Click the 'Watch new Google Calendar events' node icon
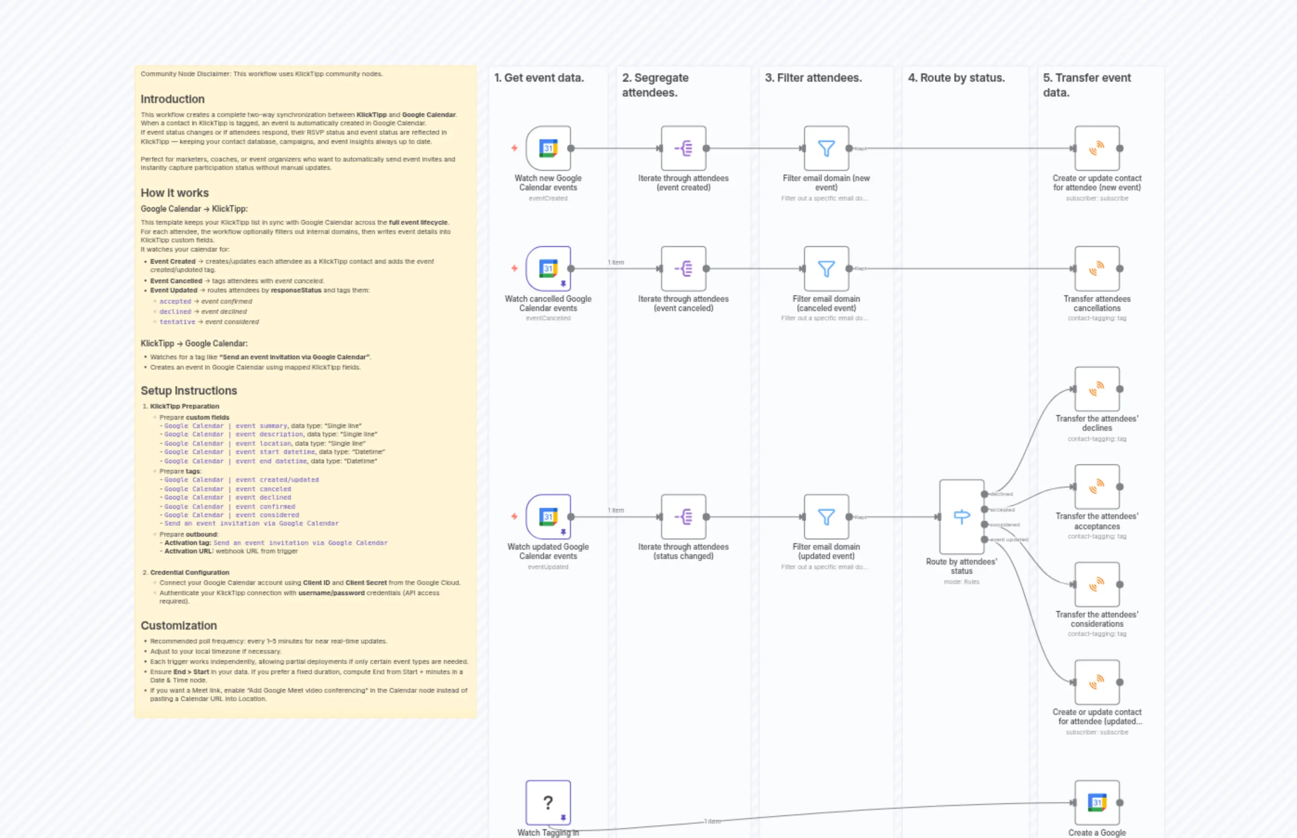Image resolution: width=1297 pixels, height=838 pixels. click(548, 148)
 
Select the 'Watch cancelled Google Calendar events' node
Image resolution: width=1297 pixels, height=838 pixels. click(548, 268)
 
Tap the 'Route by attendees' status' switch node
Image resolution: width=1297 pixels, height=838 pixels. click(961, 516)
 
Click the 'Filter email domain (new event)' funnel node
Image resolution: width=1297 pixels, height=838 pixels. click(826, 148)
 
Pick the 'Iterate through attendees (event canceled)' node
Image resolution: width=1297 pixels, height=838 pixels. click(683, 268)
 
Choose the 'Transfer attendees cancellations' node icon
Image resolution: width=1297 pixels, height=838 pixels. click(1097, 268)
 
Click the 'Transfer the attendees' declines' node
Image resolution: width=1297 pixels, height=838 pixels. click(1097, 389)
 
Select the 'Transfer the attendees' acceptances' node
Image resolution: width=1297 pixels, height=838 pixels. click(1097, 487)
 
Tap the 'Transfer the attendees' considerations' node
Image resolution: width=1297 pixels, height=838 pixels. click(1097, 584)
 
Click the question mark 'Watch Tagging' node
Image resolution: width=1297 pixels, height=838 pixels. click(548, 802)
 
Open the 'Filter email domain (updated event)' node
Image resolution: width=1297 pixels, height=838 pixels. click(826, 516)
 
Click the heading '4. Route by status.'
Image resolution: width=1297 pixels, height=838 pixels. click(956, 78)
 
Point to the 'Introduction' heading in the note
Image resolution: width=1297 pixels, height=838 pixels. click(173, 99)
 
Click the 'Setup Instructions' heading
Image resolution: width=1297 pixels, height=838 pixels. click(189, 391)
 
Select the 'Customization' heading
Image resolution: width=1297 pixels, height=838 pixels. click(178, 625)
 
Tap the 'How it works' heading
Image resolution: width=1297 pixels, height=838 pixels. click(175, 193)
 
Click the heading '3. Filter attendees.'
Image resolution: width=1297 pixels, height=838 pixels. click(813, 78)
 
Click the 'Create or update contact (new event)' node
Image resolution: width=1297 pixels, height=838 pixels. click(1097, 148)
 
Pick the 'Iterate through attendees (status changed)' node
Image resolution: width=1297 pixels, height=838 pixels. click(683, 516)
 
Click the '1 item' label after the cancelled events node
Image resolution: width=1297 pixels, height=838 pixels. click(616, 262)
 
